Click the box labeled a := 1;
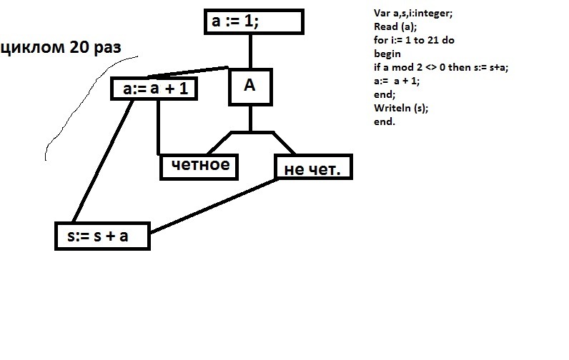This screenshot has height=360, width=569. (x=254, y=23)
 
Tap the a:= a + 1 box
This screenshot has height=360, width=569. (x=154, y=89)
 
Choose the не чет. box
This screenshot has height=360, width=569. (x=312, y=169)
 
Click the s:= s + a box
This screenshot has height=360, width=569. (x=102, y=236)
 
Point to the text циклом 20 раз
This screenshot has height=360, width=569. (x=60, y=48)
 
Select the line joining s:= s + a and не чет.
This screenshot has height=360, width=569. (x=214, y=206)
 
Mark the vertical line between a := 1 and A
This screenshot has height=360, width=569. (x=250, y=50)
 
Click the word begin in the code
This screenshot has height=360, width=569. (x=387, y=54)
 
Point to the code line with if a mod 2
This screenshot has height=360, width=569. (x=440, y=67)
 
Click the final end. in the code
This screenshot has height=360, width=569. (x=384, y=121)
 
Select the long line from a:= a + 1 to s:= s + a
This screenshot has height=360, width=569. (x=100, y=161)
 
